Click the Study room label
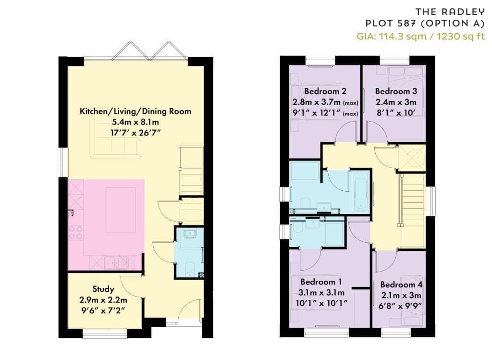pos(103,289)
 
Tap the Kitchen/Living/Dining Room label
pos(135,112)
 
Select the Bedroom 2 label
pos(325,91)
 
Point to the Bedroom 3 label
pos(396,91)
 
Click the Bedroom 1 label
pos(321,282)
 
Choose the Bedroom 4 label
pos(401,285)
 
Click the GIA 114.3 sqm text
pos(392,37)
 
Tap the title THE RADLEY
pos(450,12)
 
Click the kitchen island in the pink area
pos(121,210)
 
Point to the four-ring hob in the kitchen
pos(75,233)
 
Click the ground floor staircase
pos(191,171)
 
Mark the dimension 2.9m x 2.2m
pos(103,300)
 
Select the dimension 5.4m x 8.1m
pos(135,122)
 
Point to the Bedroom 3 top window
pos(395,60)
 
